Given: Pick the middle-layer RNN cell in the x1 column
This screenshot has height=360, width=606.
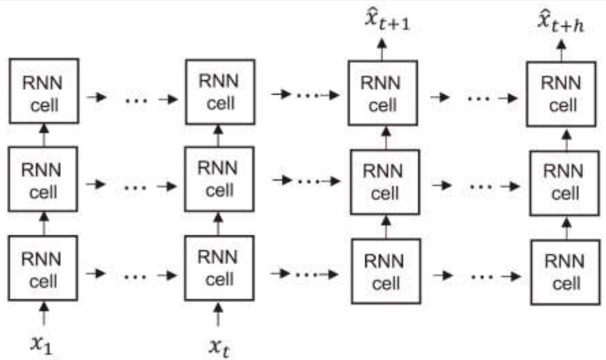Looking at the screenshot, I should coord(43,180).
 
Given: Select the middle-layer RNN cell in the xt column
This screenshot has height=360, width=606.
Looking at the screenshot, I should coord(218,180).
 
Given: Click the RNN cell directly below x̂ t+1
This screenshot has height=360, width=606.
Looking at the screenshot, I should coord(383,93).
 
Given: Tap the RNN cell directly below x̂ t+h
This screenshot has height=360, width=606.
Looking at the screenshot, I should coord(561,93).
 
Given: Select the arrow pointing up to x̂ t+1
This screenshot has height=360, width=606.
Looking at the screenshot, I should coord(382,48).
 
